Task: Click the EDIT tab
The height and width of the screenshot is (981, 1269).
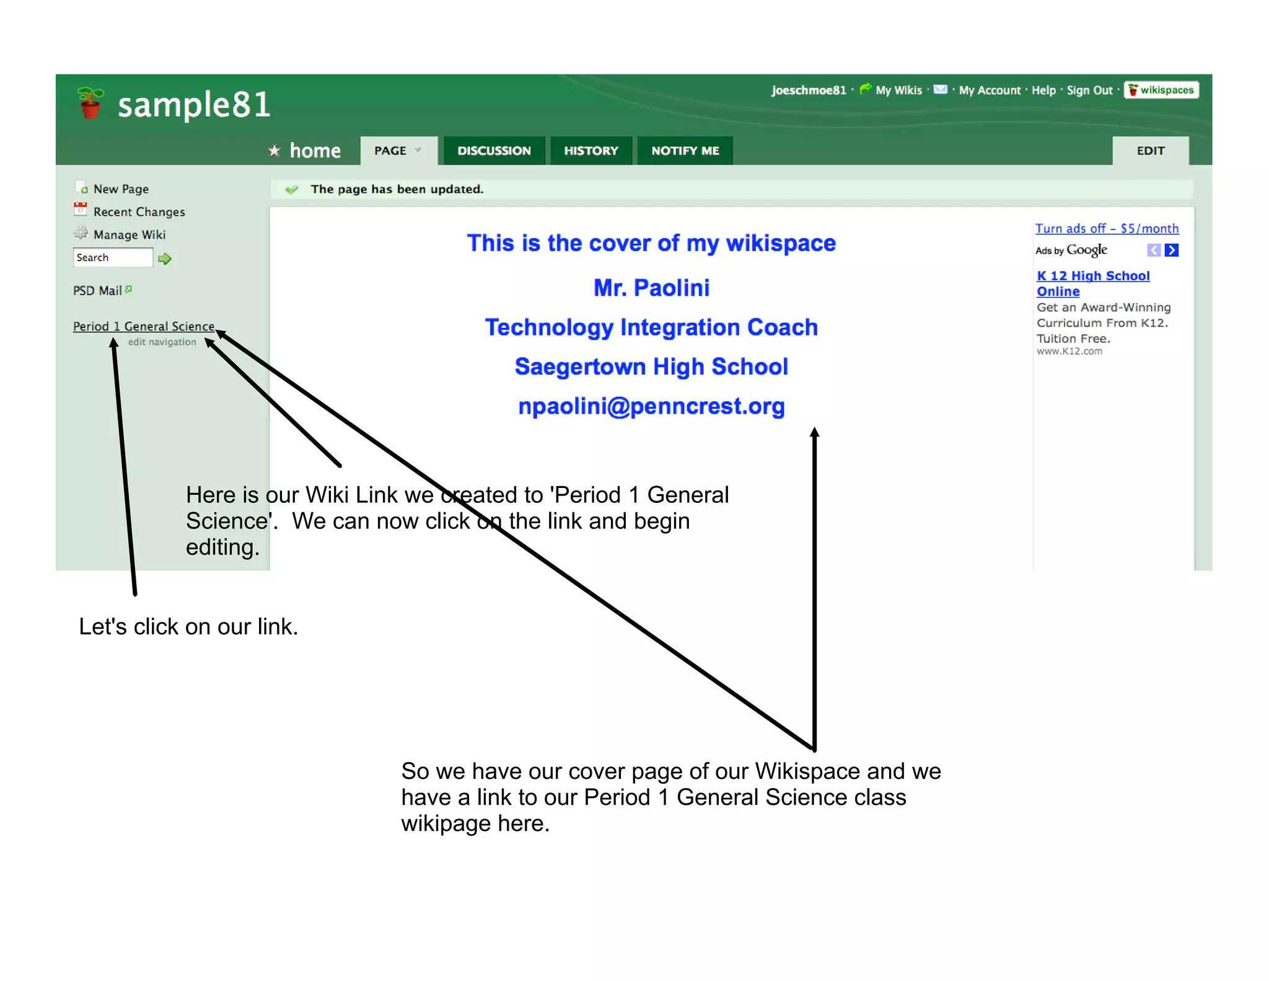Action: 1150,151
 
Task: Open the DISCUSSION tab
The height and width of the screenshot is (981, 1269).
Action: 494,151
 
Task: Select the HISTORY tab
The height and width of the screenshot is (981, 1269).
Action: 591,151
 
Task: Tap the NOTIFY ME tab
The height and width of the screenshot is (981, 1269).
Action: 685,151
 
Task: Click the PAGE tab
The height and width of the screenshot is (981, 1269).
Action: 397,151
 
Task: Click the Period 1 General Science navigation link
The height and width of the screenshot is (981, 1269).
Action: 143,326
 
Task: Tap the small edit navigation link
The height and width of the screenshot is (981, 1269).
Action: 162,342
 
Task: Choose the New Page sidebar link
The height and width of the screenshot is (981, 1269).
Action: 121,189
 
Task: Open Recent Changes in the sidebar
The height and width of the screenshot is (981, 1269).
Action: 139,212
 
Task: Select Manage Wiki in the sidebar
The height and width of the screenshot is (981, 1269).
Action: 129,235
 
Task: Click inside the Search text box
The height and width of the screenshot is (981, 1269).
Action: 113,257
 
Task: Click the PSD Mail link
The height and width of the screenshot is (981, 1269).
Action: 98,291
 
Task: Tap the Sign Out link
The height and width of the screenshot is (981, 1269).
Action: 1089,91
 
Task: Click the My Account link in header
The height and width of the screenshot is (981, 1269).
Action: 990,91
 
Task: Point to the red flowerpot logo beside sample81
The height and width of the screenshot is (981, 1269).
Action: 90,103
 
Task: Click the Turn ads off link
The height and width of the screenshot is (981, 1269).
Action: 1107,229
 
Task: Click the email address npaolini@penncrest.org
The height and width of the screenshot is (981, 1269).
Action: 651,406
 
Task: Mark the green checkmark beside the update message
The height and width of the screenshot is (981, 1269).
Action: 291,190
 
